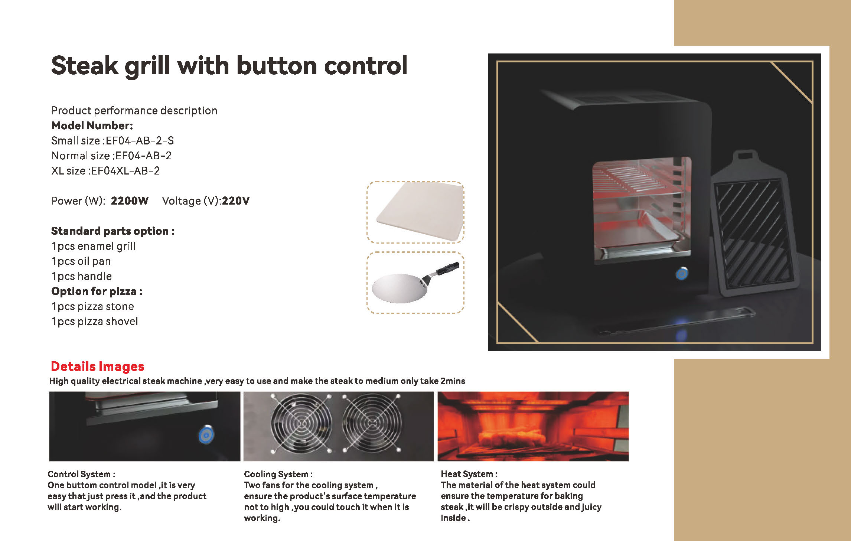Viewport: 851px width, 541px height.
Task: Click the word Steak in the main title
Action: [85, 66]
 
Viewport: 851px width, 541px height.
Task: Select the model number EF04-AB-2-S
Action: [140, 141]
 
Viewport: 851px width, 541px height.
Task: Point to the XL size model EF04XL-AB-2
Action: [125, 171]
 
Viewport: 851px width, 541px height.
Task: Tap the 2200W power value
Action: [130, 201]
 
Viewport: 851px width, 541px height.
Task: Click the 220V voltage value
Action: [236, 201]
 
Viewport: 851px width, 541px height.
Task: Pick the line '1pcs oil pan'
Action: [81, 261]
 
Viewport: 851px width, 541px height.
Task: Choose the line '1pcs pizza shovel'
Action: [95, 322]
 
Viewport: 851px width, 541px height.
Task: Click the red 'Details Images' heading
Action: [97, 366]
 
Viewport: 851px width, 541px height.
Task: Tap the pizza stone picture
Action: [420, 211]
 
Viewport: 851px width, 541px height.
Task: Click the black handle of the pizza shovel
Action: [447, 268]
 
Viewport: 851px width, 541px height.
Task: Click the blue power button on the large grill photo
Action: [682, 274]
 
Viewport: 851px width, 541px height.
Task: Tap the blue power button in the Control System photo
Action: [206, 435]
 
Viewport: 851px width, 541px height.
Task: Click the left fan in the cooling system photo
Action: [301, 424]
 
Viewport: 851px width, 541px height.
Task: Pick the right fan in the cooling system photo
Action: [372, 424]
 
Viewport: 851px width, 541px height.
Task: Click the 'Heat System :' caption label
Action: [469, 474]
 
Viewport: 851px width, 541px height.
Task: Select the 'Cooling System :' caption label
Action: [278, 474]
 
